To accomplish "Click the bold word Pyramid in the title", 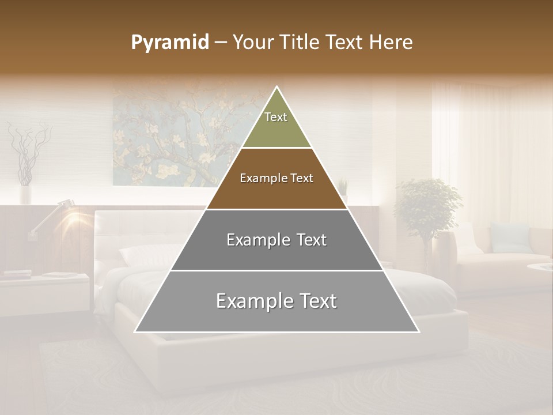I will coord(169,43).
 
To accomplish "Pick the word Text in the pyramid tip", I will coord(276,117).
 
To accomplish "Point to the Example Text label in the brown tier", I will coord(276,178).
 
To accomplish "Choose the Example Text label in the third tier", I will coord(276,240).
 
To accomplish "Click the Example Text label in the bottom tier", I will coord(276,301).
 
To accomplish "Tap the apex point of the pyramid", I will coord(277,87).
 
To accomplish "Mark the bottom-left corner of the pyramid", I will coord(135,331).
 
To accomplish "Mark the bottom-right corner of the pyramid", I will coord(419,331).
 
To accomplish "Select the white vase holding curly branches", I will coord(25,193).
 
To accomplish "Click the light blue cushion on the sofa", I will coord(509,238).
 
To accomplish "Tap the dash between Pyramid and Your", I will coord(220,43).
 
